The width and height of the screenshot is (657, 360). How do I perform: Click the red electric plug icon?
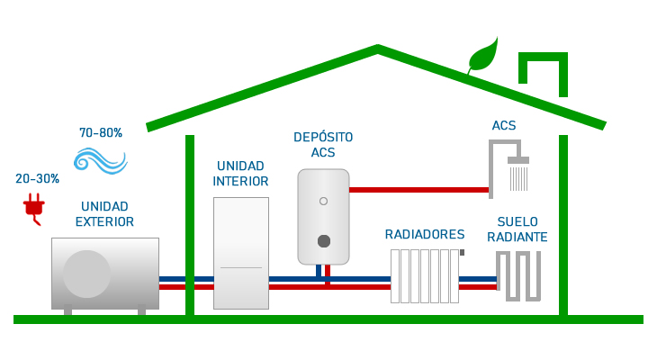tap(34, 208)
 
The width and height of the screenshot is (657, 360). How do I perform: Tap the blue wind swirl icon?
tap(100, 160)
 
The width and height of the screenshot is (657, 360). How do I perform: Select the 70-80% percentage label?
tap(101, 133)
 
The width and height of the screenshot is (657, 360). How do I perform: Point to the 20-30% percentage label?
tap(37, 179)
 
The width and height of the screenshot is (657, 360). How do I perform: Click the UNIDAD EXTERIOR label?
tap(104, 214)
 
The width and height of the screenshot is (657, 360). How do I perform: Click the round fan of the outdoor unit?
tap(87, 274)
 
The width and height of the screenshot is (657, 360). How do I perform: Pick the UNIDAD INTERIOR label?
tap(240, 174)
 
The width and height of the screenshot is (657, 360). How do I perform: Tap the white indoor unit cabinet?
tap(241, 253)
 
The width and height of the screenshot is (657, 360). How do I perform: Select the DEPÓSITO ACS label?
tap(323, 145)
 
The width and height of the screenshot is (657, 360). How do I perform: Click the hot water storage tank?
tap(323, 216)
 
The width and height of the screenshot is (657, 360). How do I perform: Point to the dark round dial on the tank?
tap(324, 240)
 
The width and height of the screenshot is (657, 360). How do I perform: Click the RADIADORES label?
tap(425, 235)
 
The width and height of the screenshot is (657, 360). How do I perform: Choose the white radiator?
tap(425, 275)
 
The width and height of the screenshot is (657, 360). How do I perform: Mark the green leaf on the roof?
tap(483, 55)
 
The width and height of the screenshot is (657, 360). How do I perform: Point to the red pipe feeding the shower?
tap(418, 190)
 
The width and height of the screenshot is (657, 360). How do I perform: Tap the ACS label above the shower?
tap(504, 126)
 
